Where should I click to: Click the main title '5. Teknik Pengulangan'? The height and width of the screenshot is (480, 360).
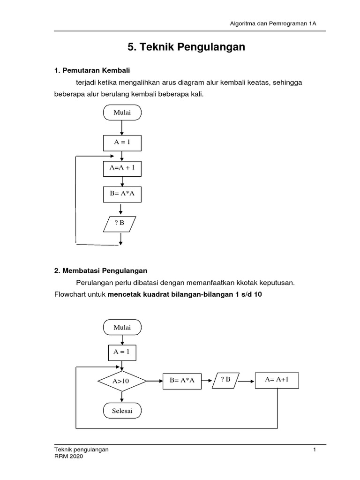click(x=186, y=47)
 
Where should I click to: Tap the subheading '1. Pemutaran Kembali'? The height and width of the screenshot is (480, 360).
click(x=92, y=70)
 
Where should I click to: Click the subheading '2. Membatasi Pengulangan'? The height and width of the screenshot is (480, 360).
click(x=101, y=271)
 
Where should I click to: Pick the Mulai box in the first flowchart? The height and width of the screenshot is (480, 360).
click(x=122, y=113)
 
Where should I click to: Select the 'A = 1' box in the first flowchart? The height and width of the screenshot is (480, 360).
click(x=122, y=143)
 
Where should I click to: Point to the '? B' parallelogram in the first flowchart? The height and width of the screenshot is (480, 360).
click(x=120, y=224)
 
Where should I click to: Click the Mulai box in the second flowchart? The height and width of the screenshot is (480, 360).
click(x=122, y=327)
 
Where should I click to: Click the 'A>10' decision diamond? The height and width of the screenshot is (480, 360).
click(x=121, y=382)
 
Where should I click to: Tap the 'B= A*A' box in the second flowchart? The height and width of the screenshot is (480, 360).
click(x=182, y=381)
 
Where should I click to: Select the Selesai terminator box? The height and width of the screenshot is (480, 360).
click(x=122, y=411)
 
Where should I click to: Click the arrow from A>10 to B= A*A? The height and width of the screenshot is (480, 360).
click(x=154, y=382)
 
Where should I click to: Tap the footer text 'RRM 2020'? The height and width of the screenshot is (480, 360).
click(x=69, y=457)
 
